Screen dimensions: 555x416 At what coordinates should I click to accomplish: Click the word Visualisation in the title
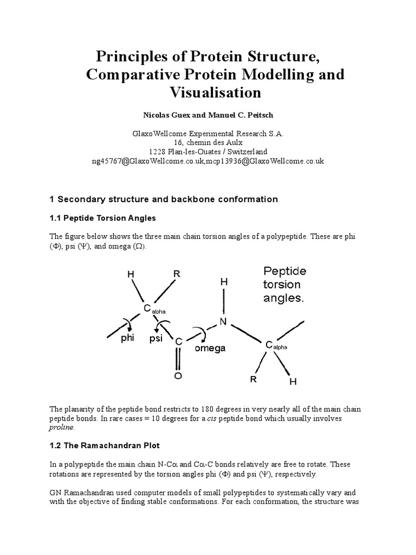(x=209, y=93)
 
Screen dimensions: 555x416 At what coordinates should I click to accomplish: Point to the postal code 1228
(x=158, y=152)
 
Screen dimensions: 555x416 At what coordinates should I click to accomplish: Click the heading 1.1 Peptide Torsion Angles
(x=103, y=218)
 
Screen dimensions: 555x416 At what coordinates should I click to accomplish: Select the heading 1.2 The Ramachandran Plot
(x=105, y=445)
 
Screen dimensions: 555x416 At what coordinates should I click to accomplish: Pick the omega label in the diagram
(x=210, y=349)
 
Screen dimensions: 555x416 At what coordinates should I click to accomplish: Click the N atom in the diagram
(x=223, y=321)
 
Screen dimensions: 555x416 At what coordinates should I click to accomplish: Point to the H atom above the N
(x=223, y=282)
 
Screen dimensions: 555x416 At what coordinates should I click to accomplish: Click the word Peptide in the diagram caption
(x=285, y=271)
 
